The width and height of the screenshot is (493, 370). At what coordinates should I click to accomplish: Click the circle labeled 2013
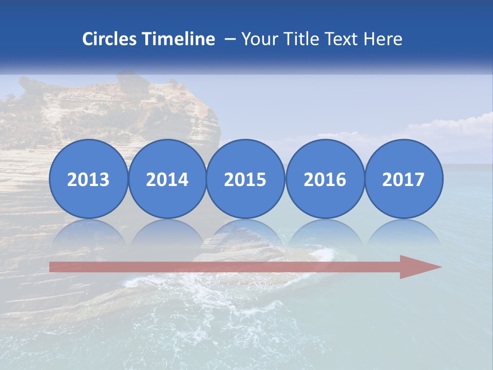88,179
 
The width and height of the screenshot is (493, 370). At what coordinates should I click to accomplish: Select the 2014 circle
167,179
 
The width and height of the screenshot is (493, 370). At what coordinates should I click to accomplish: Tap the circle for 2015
245,179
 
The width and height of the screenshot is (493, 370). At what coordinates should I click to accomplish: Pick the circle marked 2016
325,179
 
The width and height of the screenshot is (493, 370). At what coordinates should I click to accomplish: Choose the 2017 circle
403,179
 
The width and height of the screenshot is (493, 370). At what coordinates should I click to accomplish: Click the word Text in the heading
336,39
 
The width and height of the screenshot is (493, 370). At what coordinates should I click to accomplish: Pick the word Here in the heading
383,39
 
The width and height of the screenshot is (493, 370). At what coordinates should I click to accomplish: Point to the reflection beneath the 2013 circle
88,232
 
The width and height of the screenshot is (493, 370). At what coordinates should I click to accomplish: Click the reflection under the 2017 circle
403,232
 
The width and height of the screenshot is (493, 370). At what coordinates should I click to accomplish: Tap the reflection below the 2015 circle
245,232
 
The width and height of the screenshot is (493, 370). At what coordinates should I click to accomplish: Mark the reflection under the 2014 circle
167,232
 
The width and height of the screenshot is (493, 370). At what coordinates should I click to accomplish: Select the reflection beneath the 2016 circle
325,232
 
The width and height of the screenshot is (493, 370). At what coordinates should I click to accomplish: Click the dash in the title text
230,40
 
